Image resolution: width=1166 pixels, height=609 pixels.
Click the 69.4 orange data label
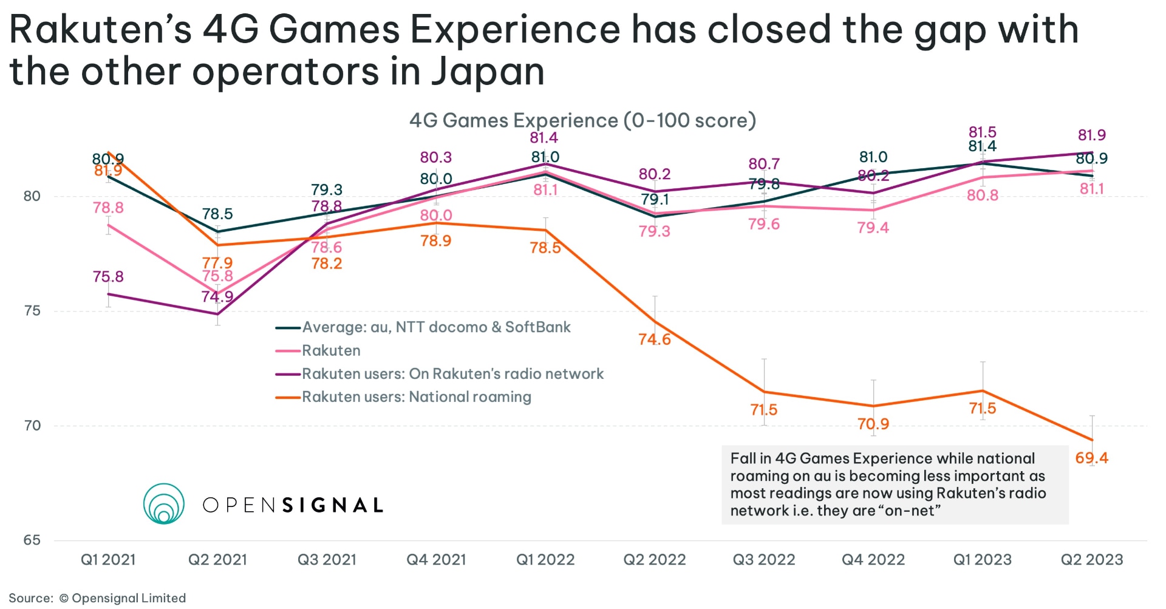coord(1091,458)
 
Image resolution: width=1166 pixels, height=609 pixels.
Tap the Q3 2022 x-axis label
coord(763,559)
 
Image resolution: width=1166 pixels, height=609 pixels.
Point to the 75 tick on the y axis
coord(32,311)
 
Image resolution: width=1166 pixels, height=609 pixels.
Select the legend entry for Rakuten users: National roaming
coord(416,397)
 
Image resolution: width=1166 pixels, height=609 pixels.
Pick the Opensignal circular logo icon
coord(164,503)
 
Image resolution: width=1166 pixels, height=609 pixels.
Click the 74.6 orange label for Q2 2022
coord(654,339)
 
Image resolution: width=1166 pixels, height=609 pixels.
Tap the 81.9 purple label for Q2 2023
coord(1091,135)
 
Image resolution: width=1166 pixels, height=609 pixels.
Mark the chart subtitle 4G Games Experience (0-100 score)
coord(582,120)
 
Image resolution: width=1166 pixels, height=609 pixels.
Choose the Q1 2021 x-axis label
coord(108,559)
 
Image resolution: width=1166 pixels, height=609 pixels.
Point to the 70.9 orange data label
coord(873,424)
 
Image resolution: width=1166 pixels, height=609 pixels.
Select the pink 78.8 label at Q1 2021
coord(108,208)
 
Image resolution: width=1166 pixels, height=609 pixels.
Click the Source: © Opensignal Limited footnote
coord(97,598)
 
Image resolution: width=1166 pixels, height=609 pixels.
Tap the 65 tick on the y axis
coord(32,540)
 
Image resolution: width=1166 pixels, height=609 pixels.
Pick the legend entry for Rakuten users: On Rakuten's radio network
coord(452,374)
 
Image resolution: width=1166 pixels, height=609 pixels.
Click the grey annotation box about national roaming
coord(895,485)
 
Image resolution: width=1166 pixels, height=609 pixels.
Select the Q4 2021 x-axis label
coord(436,559)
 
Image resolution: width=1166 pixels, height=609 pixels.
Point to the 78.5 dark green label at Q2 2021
coord(217,214)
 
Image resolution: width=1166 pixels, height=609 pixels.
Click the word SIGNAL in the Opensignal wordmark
coord(333,505)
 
